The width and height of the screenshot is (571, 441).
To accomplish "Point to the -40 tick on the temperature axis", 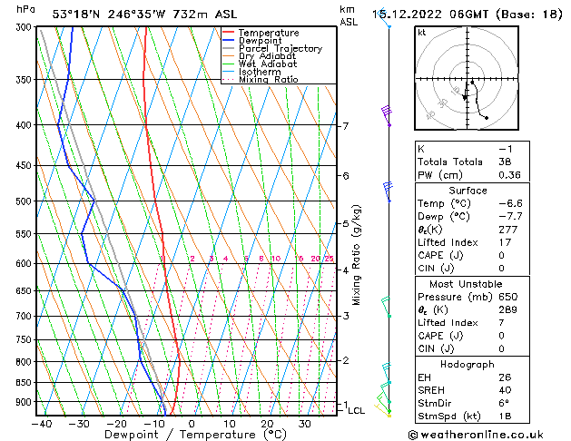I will point(40,424).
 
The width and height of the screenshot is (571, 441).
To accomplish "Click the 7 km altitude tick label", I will point(345,126).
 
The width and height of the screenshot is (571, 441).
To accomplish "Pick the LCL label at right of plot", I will point(356,411).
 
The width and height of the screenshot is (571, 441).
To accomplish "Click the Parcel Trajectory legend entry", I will point(280,48).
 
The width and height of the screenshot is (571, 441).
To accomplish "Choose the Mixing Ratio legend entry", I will point(269,80).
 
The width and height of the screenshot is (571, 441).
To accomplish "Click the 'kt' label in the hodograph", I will point(422,33).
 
